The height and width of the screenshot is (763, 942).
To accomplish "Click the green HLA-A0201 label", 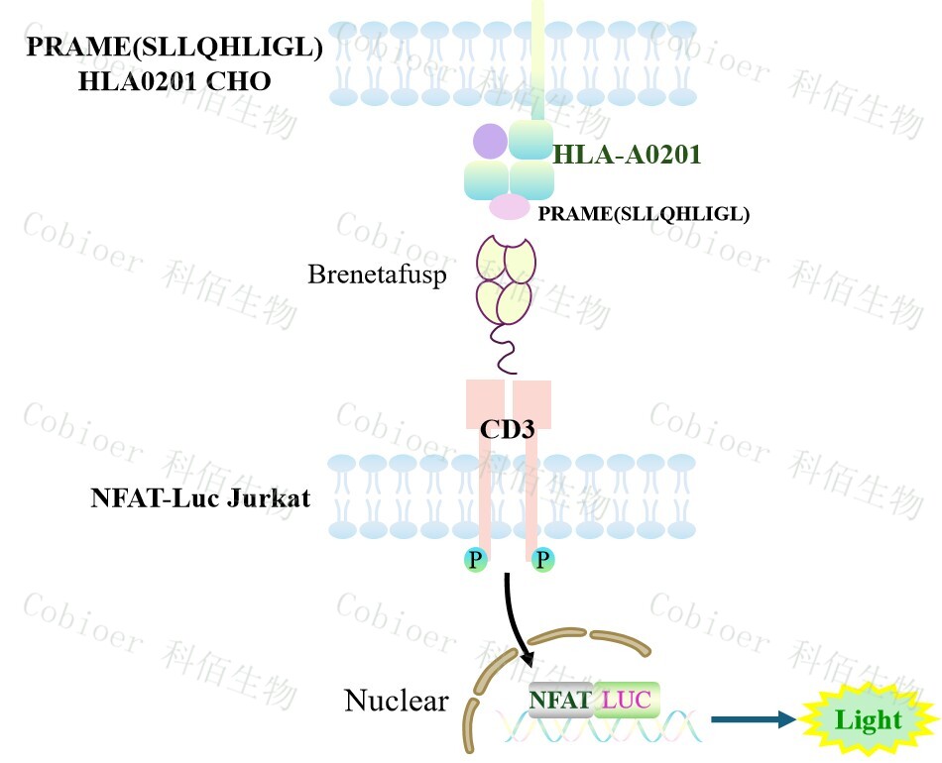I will click(x=627, y=155).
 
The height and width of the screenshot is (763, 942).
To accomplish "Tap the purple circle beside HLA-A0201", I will click(x=490, y=141).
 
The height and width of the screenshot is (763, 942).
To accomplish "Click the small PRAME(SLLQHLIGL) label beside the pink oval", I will click(x=643, y=213).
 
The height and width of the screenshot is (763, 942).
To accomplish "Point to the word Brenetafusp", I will click(x=377, y=273).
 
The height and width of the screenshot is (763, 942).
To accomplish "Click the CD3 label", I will click(x=508, y=429).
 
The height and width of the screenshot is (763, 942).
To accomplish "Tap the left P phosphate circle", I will click(x=476, y=561).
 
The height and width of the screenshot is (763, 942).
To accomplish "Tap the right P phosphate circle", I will click(x=542, y=561).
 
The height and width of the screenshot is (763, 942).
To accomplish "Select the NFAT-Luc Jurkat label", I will click(x=200, y=497).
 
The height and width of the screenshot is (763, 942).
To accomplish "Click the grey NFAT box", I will click(x=560, y=701).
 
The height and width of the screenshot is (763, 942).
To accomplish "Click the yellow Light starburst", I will click(x=868, y=720).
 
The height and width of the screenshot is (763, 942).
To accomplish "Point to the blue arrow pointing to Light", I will click(x=754, y=720).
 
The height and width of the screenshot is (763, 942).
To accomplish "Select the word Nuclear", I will click(x=396, y=702).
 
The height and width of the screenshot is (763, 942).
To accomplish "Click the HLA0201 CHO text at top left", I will click(x=175, y=81).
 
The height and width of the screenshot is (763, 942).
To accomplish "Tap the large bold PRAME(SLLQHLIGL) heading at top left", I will click(x=175, y=47).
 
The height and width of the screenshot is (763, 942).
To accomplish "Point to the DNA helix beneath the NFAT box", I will click(x=595, y=730).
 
